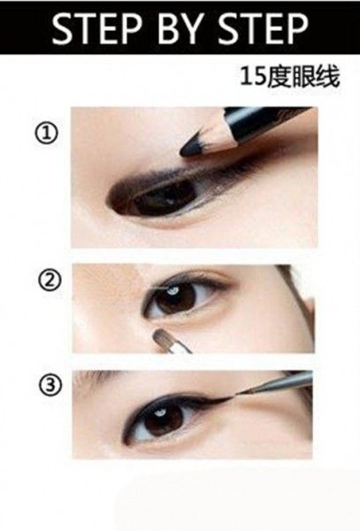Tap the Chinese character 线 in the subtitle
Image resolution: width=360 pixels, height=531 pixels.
coord(327,76)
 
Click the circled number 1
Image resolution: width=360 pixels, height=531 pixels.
coord(47,133)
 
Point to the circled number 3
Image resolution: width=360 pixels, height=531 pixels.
coord(50,385)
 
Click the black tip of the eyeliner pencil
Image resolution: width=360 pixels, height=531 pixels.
coord(192,146)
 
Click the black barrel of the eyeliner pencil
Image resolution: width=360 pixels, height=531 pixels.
coord(267,122)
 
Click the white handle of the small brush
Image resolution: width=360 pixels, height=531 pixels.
coord(180,348)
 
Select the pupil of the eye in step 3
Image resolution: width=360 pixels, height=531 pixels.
coord(164,419)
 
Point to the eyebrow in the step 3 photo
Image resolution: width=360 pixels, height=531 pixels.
coord(102,376)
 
